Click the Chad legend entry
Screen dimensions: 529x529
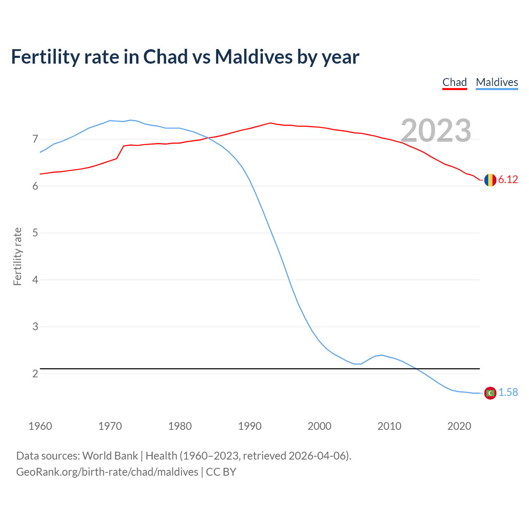pos(455,82)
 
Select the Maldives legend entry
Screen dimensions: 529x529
pos(497,82)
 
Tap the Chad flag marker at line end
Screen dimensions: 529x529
pos(490,180)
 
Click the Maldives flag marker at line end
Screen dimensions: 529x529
pos(490,393)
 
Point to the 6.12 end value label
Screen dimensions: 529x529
pos(508,179)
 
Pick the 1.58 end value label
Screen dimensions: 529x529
pos(508,392)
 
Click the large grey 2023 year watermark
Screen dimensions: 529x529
pos(436,131)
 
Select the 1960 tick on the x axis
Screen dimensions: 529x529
pos(40,426)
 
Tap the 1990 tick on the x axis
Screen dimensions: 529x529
pos(250,426)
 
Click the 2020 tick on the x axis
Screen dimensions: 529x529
pos(459,426)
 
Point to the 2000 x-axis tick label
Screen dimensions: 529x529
pos(319,426)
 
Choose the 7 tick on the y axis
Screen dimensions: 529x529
pos(35,139)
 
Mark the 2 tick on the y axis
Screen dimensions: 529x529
pos(35,374)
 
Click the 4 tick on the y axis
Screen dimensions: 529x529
pos(35,280)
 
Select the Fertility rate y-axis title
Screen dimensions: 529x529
pos(17,256)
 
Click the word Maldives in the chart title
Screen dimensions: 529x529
pos(253,57)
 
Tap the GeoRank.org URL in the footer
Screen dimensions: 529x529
pos(107,472)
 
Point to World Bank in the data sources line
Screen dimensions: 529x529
pos(110,456)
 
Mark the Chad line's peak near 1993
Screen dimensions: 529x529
pos(270,123)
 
